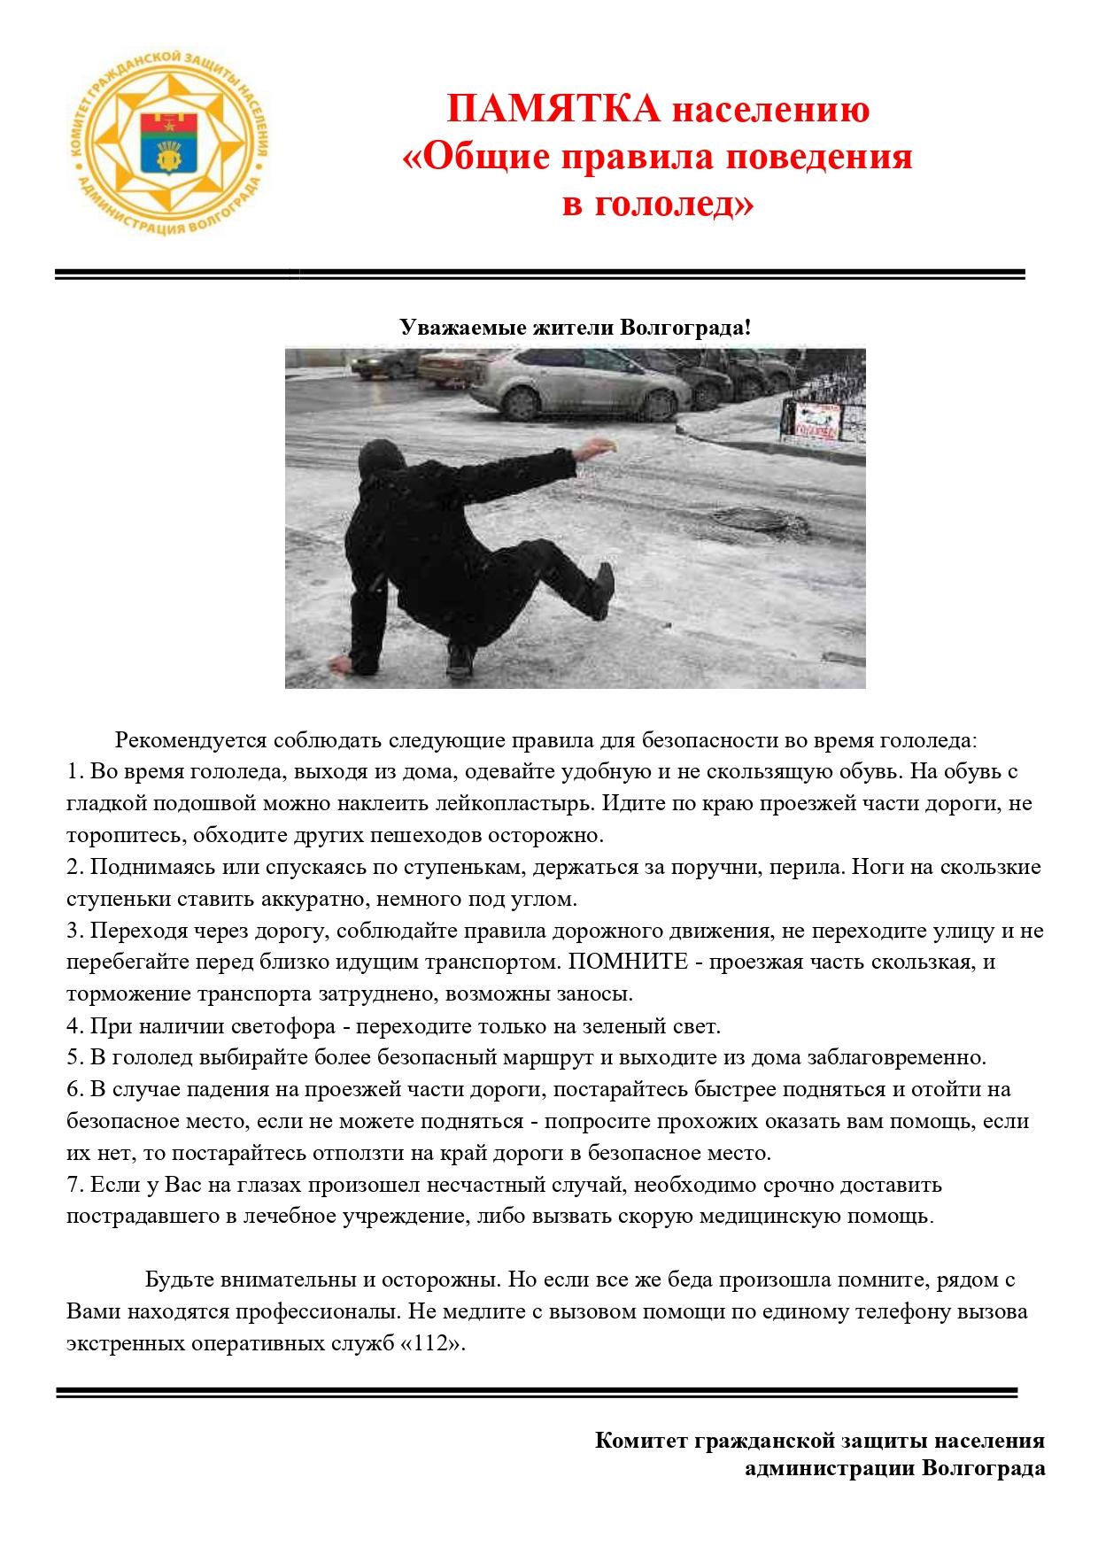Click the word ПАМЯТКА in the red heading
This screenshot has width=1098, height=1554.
554,110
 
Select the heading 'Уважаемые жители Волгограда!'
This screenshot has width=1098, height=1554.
575,328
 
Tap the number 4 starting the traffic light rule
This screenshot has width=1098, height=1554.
74,1026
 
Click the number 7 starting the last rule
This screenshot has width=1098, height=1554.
74,1184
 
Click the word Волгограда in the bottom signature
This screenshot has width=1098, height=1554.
984,1469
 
